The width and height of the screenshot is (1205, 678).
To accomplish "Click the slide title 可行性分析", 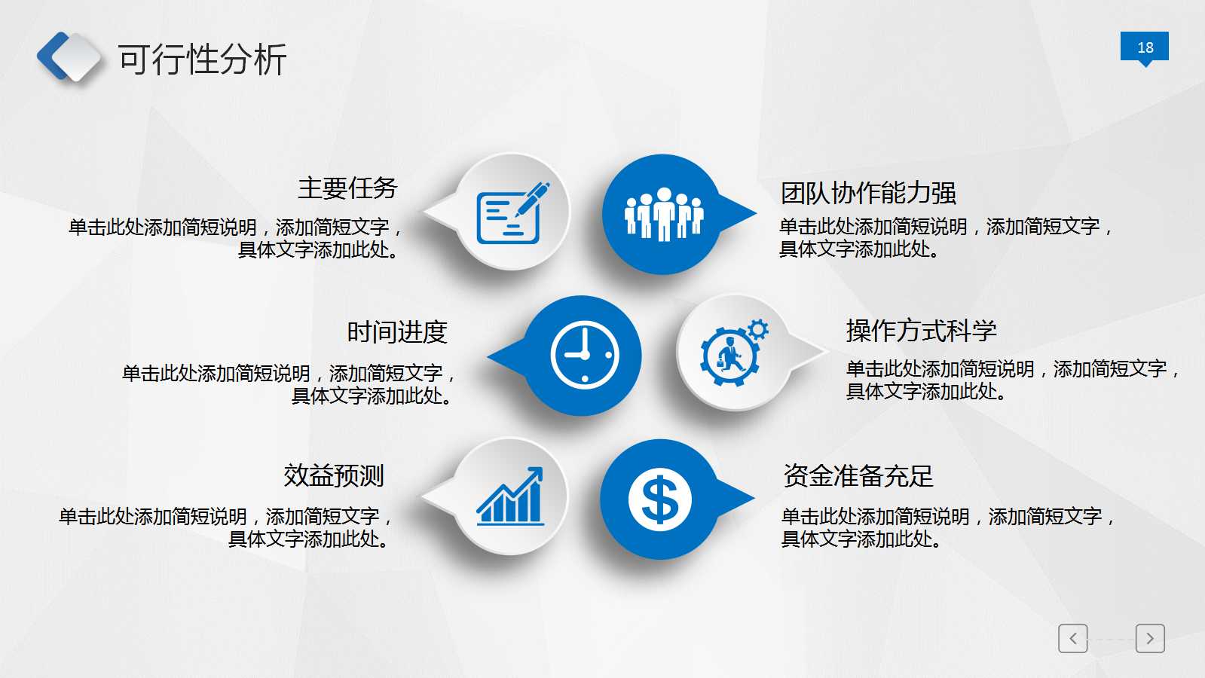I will coord(202,60).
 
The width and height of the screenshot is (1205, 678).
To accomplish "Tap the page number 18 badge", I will coord(1144,47).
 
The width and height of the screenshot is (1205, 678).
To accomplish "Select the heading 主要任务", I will coord(347,188).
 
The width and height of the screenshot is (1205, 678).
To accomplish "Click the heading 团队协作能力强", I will coord(868,193).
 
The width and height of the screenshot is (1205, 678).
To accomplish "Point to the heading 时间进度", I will coord(397,332).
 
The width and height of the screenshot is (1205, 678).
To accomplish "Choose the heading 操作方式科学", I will coord(921,331).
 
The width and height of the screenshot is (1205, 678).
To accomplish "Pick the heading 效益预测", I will coord(334,475).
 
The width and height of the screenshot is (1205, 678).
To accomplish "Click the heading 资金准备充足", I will coord(858,476).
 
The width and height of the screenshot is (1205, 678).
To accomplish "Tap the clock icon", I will coord(585,355).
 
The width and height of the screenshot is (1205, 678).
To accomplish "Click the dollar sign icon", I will coord(659,499).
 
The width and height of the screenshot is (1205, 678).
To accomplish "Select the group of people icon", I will coord(663,214).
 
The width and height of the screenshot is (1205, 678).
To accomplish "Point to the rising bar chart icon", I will coord(510,496).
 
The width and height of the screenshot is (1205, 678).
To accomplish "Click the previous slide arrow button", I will coord(1072,638).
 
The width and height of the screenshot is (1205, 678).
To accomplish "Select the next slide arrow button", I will coord(1150,638).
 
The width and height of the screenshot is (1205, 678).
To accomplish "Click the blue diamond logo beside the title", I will coord(69,56).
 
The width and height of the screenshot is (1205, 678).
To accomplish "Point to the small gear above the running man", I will coord(758,329).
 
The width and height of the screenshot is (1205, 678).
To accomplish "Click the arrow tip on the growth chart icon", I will coord(537,472).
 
